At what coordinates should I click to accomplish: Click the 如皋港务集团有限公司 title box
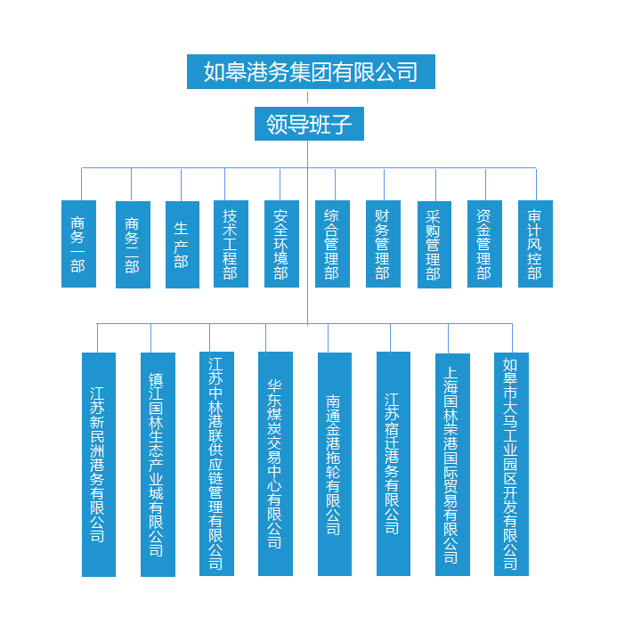pos(311,71)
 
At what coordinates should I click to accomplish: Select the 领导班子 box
pos(308,124)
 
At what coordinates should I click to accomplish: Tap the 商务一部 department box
pos(78,243)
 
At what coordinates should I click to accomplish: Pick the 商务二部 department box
pos(133,244)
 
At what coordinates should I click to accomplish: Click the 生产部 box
pos(182,244)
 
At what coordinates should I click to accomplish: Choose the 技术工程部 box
pos(231,243)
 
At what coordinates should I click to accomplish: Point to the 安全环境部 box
pos(281,243)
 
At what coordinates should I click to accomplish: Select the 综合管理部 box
pos(332,243)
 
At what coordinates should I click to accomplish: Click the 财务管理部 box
pos(383,243)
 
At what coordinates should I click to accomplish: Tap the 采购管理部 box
pos(434,244)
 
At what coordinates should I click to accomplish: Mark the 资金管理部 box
pos(484,243)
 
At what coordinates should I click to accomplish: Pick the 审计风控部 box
pos(535,243)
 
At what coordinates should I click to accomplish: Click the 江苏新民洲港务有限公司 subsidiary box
pos(98,464)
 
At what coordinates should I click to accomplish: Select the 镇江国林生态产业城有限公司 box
pos(157,464)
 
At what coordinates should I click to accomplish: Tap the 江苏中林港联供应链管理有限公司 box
pos(216,463)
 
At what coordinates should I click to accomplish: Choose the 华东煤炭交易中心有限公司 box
pos(275,463)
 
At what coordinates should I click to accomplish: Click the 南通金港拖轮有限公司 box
pos(334,464)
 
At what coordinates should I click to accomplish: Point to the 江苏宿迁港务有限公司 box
pos(393,464)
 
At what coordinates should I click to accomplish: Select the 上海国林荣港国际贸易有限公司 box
pos(452,464)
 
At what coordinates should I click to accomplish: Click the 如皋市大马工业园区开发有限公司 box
pos(511,464)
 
